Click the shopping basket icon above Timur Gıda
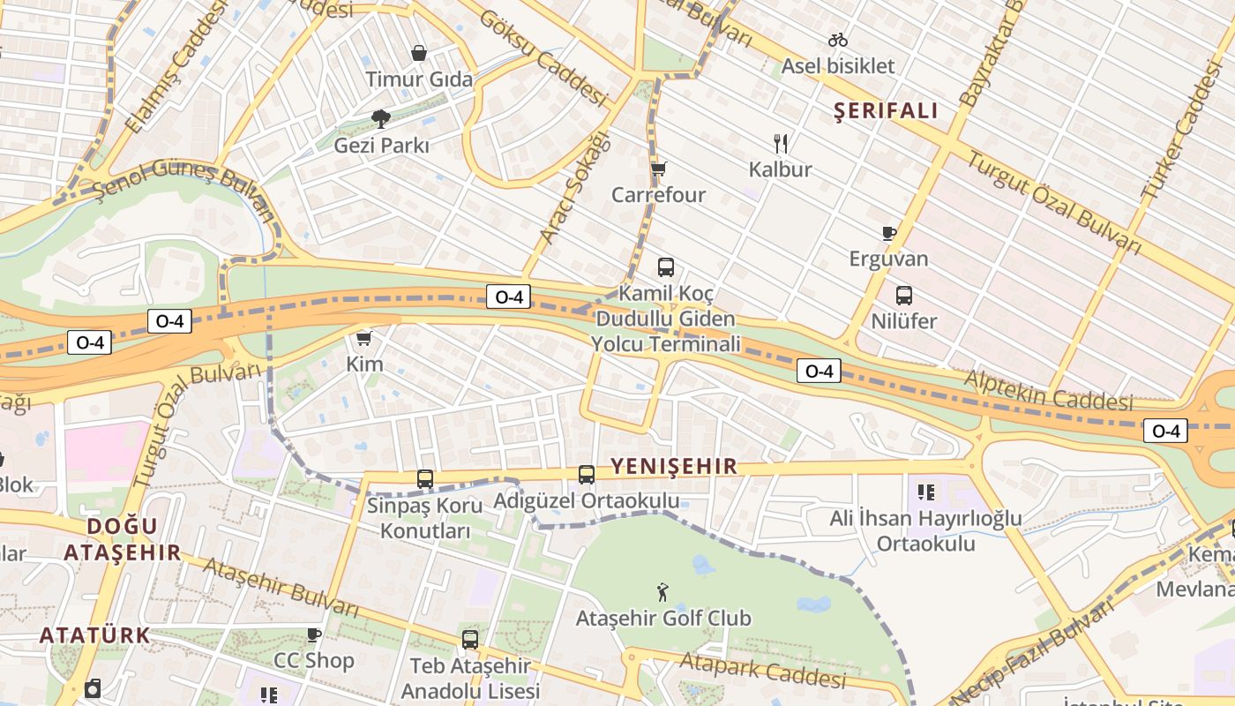click(419, 53)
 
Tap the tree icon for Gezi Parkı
click(381, 118)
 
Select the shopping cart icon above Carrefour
click(658, 169)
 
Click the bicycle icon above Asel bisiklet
click(838, 40)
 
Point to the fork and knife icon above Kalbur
click(780, 143)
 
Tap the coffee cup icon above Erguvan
click(889, 233)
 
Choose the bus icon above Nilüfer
click(904, 296)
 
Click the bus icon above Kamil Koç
click(666, 267)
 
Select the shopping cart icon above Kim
click(363, 338)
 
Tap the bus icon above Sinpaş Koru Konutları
click(425, 479)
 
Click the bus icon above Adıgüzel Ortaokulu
click(587, 475)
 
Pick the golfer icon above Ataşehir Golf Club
click(663, 592)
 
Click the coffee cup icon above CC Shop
click(313, 635)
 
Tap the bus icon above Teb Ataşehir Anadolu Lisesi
click(470, 640)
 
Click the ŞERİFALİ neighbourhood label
click(886, 110)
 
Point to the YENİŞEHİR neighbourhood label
click(674, 467)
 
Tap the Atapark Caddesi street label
click(763, 669)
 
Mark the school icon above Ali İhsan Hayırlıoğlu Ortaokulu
click(925, 492)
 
